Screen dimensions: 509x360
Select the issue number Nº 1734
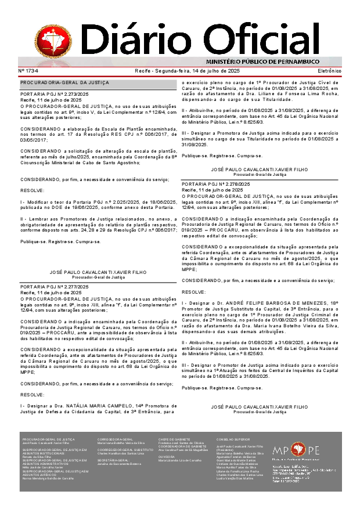coord(28,71)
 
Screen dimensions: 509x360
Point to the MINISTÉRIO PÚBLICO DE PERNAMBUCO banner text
coord(262,62)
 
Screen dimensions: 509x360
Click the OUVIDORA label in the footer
coord(166,456)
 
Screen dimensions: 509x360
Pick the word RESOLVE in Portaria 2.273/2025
coord(32,190)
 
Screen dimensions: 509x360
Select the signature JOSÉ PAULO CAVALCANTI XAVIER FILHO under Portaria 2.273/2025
coord(90,271)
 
